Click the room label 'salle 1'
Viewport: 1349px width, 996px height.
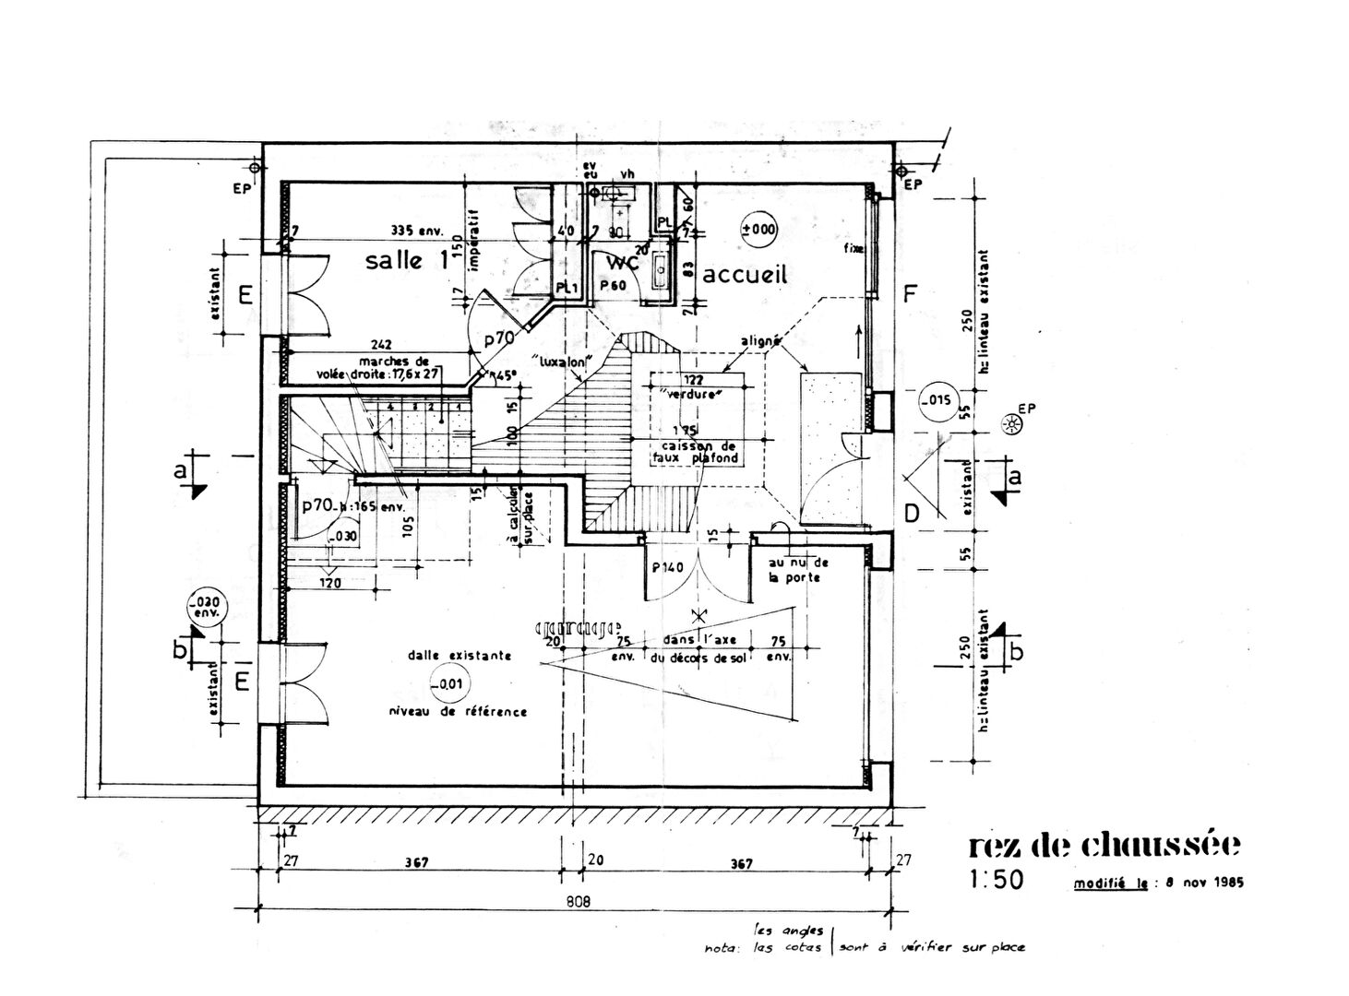coord(406,260)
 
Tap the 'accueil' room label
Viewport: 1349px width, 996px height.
coord(745,274)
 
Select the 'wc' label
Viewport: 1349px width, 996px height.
coord(622,262)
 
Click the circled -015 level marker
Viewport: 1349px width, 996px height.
coord(936,399)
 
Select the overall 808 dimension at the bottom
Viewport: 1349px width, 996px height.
coord(578,901)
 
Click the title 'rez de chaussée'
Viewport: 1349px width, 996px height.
coord(1104,844)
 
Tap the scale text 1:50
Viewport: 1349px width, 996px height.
coord(997,880)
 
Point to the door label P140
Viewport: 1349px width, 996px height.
coord(667,567)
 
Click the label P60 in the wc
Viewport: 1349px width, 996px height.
coord(613,286)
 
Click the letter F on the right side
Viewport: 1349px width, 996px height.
coord(910,294)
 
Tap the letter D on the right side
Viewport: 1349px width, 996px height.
coord(911,514)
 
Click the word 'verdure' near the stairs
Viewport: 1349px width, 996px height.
coord(690,394)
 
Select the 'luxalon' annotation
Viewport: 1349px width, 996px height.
coord(561,360)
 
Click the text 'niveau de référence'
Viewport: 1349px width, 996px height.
coord(458,711)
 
